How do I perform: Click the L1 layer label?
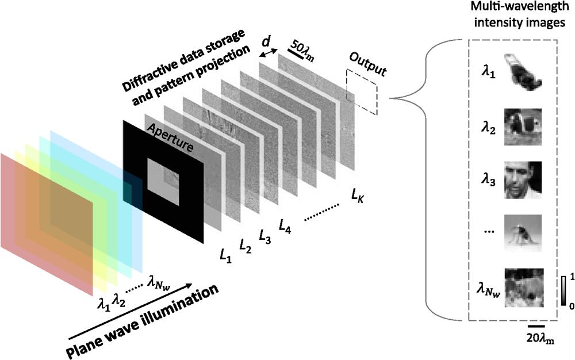tap(225, 255)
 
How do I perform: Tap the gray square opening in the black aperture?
tap(163, 182)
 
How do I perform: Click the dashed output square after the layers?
tap(362, 93)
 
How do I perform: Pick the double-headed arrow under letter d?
tap(269, 53)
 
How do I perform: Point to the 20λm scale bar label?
tap(538, 339)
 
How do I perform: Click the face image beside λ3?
tap(523, 180)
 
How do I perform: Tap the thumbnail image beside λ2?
tap(523, 127)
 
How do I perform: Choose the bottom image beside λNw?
tap(524, 288)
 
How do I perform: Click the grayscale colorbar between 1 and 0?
tap(563, 291)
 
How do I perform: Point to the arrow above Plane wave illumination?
tap(130, 311)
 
